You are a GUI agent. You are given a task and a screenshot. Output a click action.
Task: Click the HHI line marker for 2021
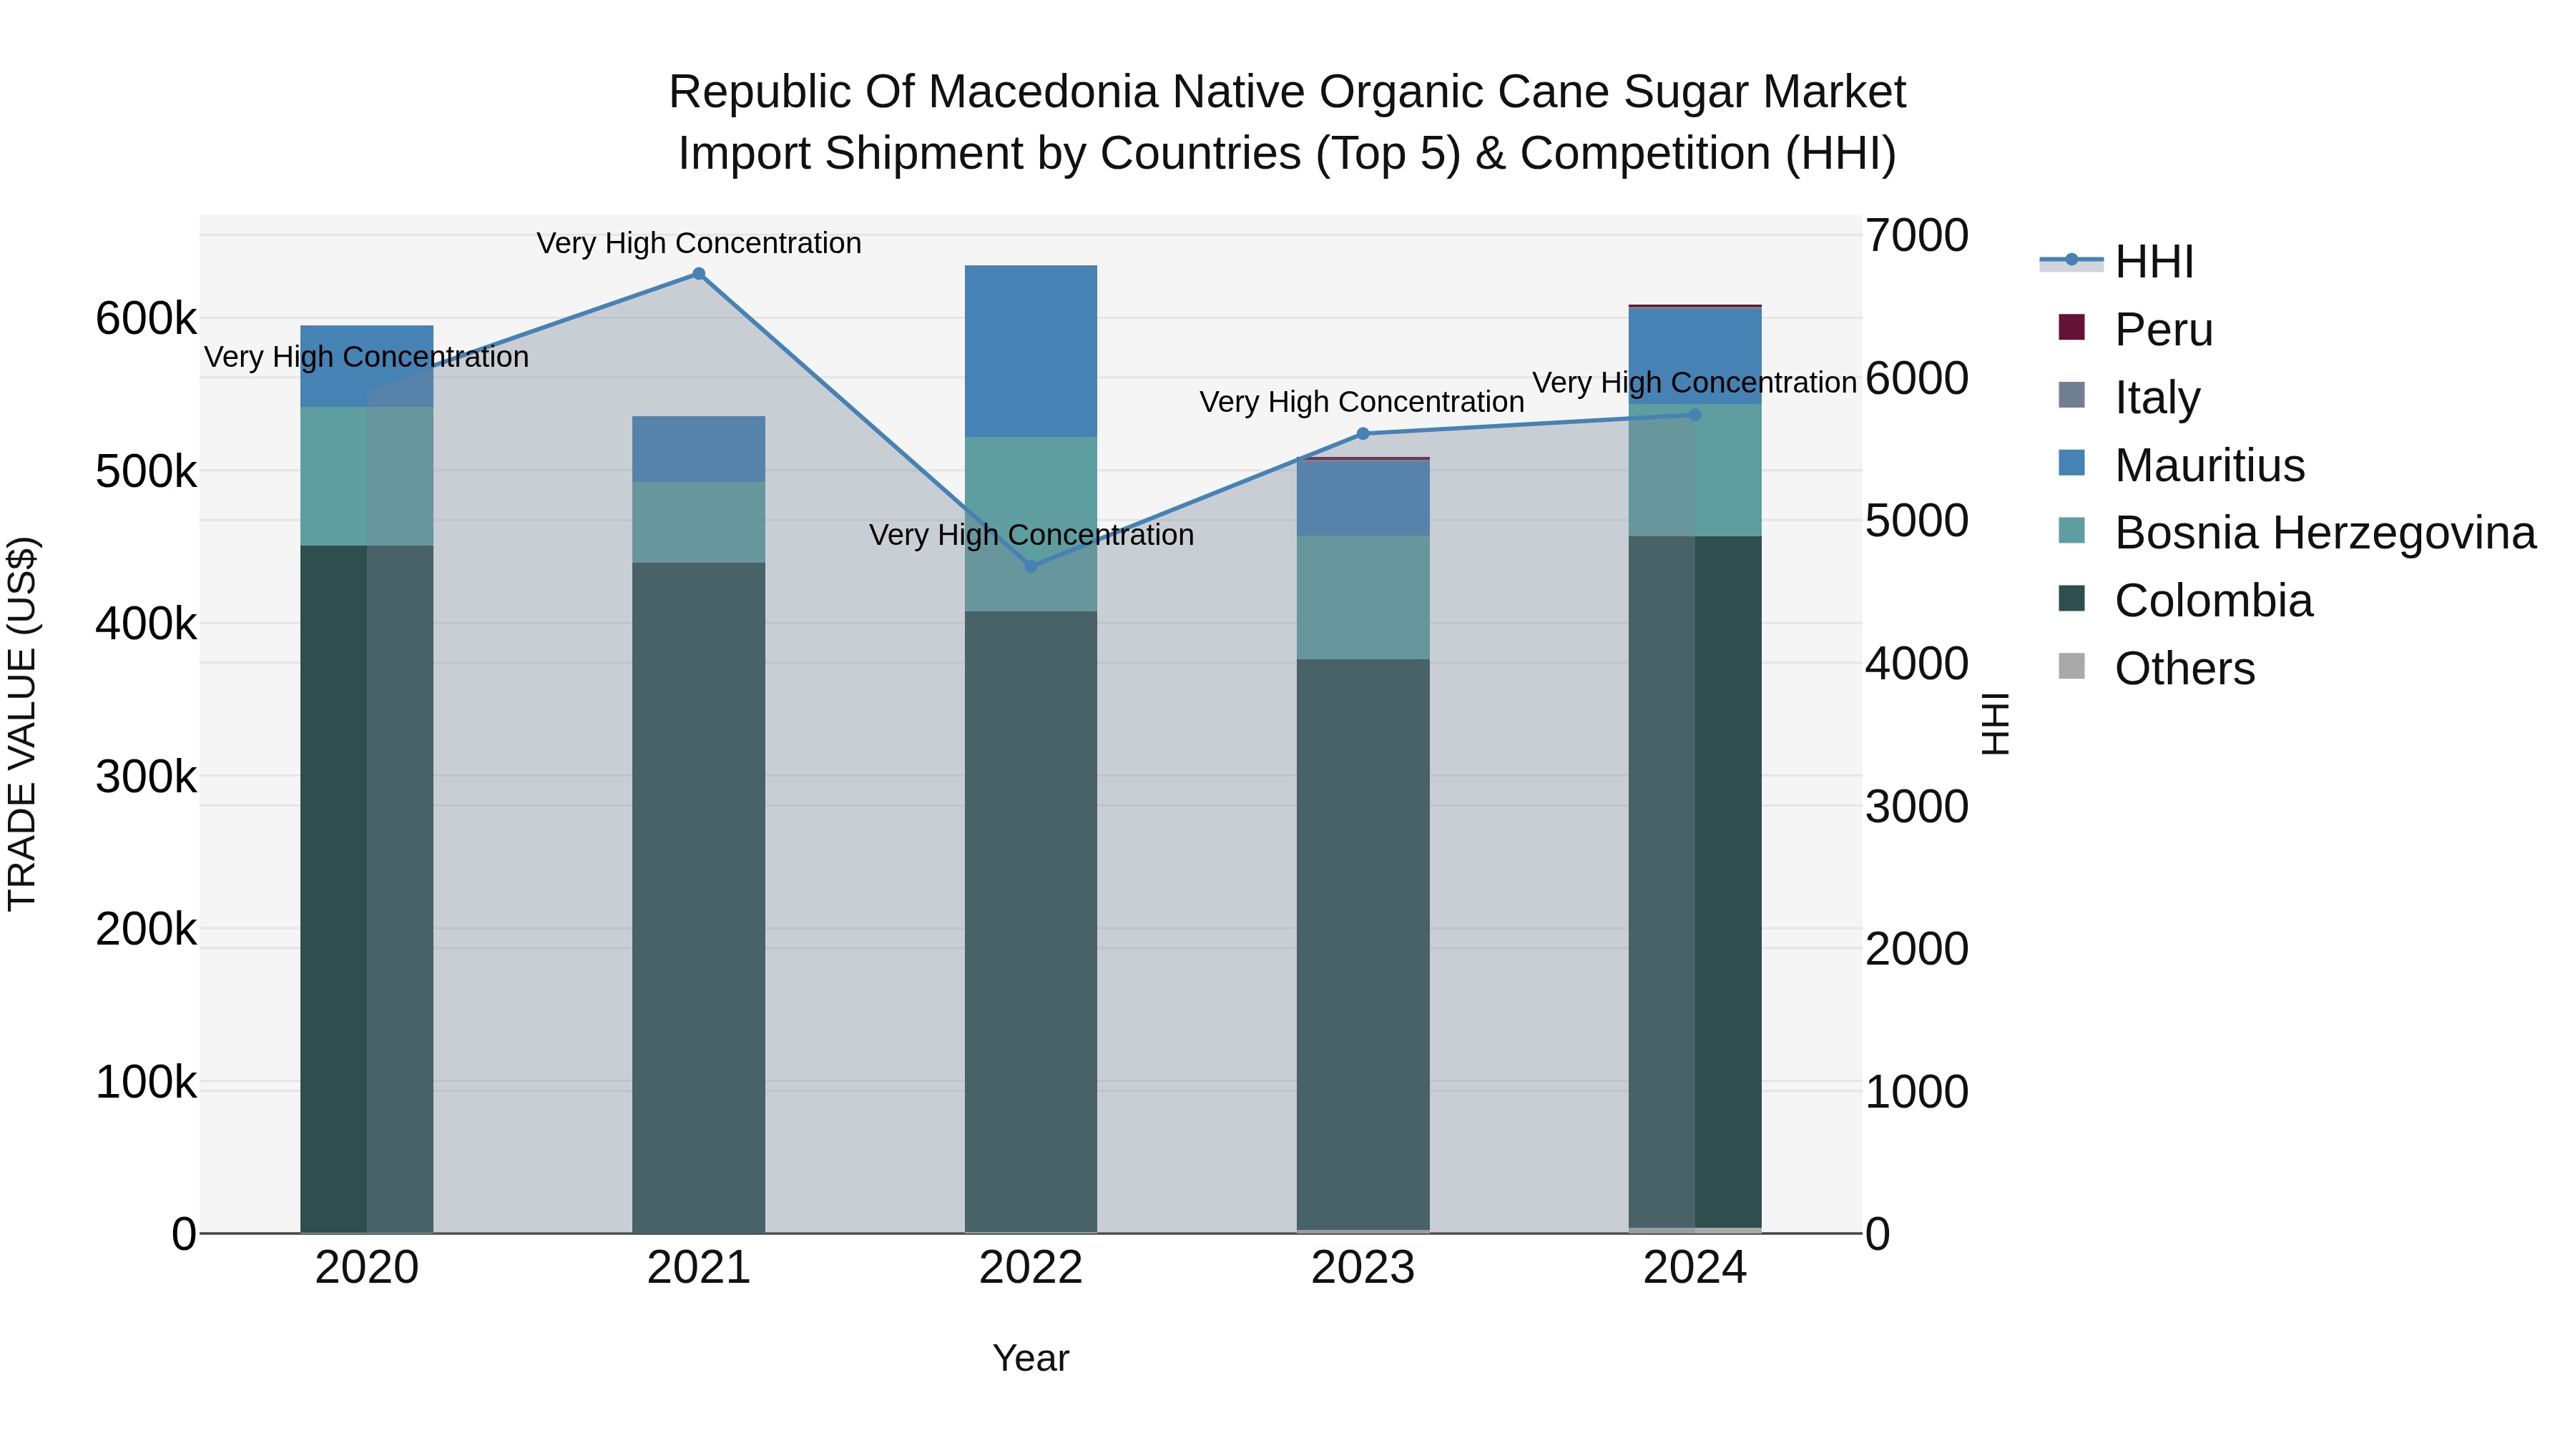(x=699, y=274)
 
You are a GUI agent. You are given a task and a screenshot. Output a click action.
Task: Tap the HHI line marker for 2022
(x=1031, y=566)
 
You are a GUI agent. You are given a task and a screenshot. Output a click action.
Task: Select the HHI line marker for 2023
(x=1363, y=434)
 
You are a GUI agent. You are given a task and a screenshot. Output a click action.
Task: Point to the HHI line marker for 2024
(x=1695, y=415)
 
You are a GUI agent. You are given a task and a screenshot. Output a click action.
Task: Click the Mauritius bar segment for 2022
(x=1031, y=351)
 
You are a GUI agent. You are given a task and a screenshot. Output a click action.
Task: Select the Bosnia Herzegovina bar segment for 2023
(x=1363, y=598)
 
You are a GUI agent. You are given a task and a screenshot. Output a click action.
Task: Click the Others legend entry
(x=2184, y=669)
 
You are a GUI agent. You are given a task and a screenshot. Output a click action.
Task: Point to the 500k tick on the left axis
(x=146, y=472)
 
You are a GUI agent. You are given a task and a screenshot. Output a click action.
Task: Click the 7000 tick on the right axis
(x=1916, y=236)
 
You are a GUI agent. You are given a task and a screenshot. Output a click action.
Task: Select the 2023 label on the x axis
(x=1363, y=1268)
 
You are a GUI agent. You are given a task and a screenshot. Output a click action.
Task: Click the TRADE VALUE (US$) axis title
(x=22, y=724)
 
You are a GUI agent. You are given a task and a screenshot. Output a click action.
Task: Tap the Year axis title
(x=1031, y=1358)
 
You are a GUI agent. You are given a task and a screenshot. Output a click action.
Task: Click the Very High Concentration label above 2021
(x=699, y=243)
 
